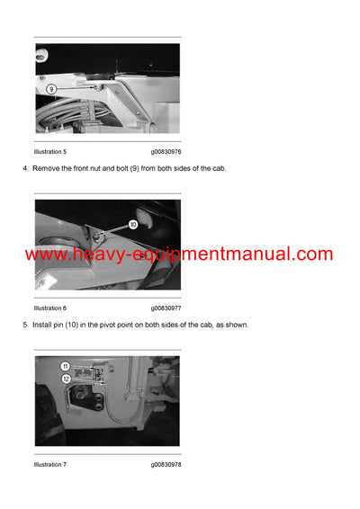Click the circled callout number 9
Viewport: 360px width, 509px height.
(x=52, y=90)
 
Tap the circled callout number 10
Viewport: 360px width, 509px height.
(x=132, y=224)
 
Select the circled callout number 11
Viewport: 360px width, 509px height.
(x=66, y=366)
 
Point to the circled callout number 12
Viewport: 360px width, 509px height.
(x=66, y=379)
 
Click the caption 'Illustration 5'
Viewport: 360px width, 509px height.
(x=50, y=152)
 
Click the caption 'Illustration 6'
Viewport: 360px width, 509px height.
(x=50, y=308)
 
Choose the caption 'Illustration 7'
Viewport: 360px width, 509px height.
(x=50, y=464)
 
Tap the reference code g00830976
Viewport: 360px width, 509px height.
(x=166, y=152)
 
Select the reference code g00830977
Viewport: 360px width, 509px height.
(x=166, y=308)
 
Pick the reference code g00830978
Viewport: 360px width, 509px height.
(x=166, y=464)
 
